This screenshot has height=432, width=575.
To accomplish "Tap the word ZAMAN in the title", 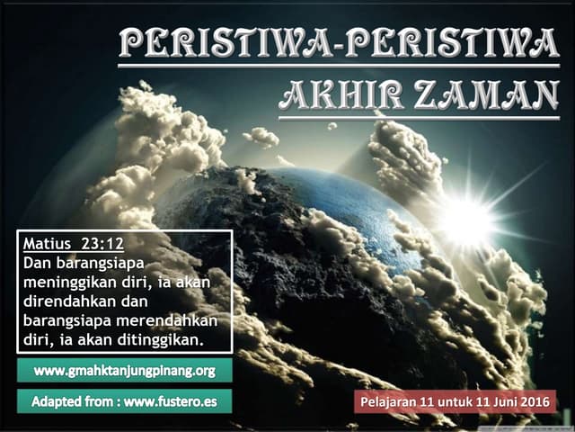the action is coord(487,95).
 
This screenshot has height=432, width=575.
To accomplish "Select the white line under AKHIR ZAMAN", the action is coord(420,118).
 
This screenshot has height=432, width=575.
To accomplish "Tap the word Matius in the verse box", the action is coord(47,244).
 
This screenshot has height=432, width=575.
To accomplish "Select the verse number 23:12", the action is coord(102,244).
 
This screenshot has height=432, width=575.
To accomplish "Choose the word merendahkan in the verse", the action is coord(167,320).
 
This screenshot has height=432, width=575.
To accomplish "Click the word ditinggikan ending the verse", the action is coord(160,340).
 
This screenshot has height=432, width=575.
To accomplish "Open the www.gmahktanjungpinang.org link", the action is coord(125,371).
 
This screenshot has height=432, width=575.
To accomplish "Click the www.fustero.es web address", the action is coord(171,401).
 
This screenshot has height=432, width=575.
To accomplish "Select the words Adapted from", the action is coord(73,401).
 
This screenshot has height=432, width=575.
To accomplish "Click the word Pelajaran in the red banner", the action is coord(389,402).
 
